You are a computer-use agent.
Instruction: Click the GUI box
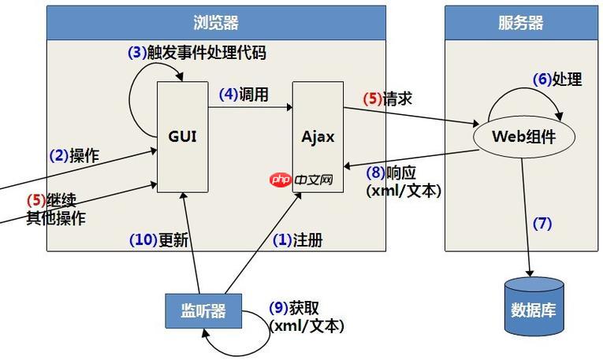(182, 135)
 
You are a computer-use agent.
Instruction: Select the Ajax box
(318, 135)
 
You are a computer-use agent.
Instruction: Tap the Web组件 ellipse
(523, 135)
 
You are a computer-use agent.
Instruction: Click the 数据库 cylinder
(534, 305)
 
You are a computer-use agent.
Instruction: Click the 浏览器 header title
(216, 23)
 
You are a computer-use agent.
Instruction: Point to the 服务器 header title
(521, 23)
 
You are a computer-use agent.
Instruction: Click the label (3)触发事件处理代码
(196, 54)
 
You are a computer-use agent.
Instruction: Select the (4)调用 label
(244, 95)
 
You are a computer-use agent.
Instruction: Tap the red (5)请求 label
(387, 99)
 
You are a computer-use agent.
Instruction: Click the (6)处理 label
(557, 80)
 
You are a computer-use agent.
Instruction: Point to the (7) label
(542, 223)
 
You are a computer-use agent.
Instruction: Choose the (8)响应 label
(395, 173)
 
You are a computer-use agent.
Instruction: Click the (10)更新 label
(158, 240)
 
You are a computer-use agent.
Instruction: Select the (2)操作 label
(74, 155)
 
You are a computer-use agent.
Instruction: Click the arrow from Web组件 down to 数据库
(525, 213)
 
